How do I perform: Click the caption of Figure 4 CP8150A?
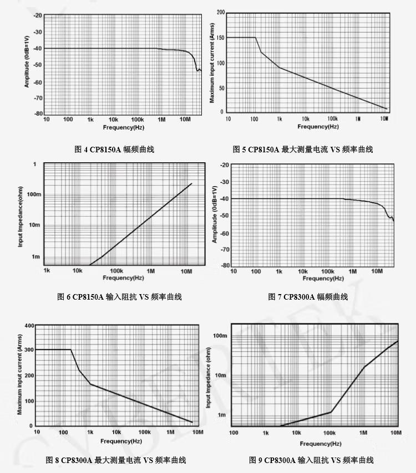click(x=114, y=149)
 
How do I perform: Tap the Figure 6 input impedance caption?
click(x=119, y=297)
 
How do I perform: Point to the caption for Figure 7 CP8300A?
click(x=308, y=297)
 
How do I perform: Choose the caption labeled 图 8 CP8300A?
click(x=116, y=460)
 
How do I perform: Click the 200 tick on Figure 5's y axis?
click(x=220, y=12)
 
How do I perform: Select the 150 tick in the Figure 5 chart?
click(x=220, y=38)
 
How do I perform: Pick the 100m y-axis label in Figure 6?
click(x=33, y=194)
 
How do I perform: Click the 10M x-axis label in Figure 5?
click(x=384, y=119)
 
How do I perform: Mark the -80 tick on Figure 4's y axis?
click(x=38, y=114)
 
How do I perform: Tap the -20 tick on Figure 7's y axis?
click(x=225, y=165)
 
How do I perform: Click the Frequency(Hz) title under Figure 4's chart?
click(x=123, y=127)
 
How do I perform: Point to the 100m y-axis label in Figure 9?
click(x=221, y=336)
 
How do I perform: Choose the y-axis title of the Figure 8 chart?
click(x=20, y=375)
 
